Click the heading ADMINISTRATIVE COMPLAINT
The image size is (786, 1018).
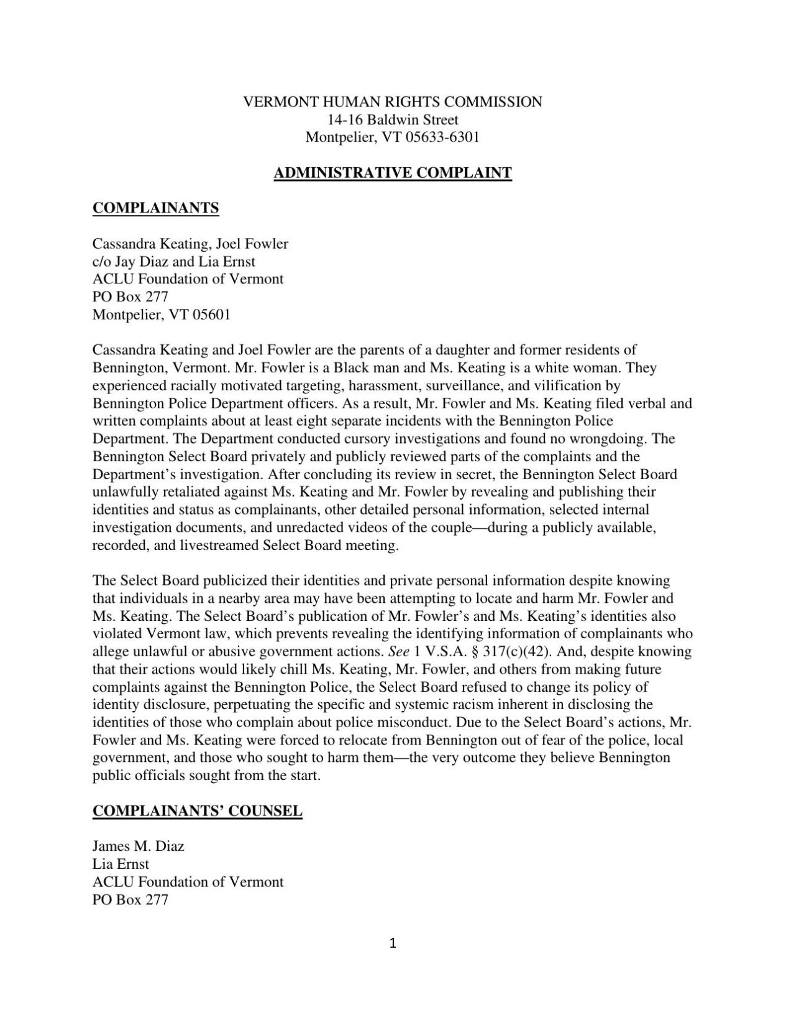pyautogui.click(x=393, y=173)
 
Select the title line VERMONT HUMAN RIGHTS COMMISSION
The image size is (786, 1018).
pyautogui.click(x=393, y=102)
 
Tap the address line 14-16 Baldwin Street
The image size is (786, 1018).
pyautogui.click(x=393, y=119)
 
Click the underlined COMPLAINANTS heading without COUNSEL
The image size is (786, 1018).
pyautogui.click(x=155, y=208)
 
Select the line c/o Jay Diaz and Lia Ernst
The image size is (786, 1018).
pyautogui.click(x=174, y=262)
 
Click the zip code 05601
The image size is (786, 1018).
pyautogui.click(x=212, y=315)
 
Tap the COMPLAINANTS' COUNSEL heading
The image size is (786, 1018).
pyautogui.click(x=197, y=811)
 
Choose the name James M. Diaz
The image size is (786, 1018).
pyautogui.click(x=138, y=846)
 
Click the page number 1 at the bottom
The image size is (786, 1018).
pyautogui.click(x=393, y=944)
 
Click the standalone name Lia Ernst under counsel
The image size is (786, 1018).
pyautogui.click(x=121, y=864)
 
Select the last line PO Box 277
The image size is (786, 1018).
pyautogui.click(x=130, y=900)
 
